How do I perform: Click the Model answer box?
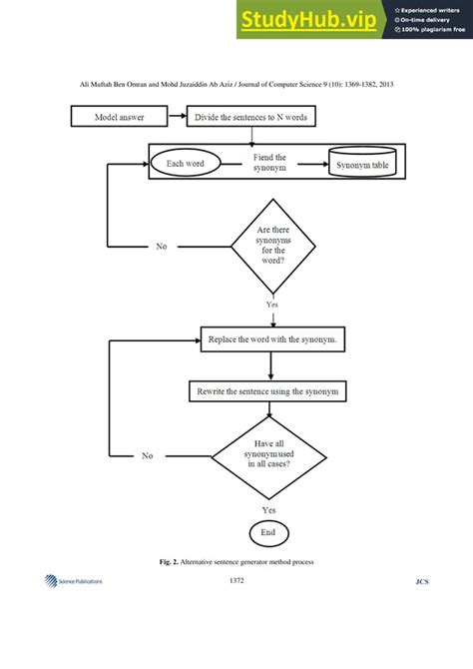[x=118, y=117]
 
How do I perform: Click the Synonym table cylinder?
[x=362, y=163]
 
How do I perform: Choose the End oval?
[x=268, y=532]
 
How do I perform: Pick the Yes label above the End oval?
[x=268, y=508]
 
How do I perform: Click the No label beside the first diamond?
[x=162, y=246]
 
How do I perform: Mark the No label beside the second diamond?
[x=148, y=455]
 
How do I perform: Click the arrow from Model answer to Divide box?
[x=178, y=117]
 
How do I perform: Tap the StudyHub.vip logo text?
[x=311, y=19]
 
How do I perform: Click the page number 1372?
[x=236, y=580]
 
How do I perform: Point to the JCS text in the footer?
[x=422, y=581]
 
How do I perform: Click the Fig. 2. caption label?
[x=170, y=561]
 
